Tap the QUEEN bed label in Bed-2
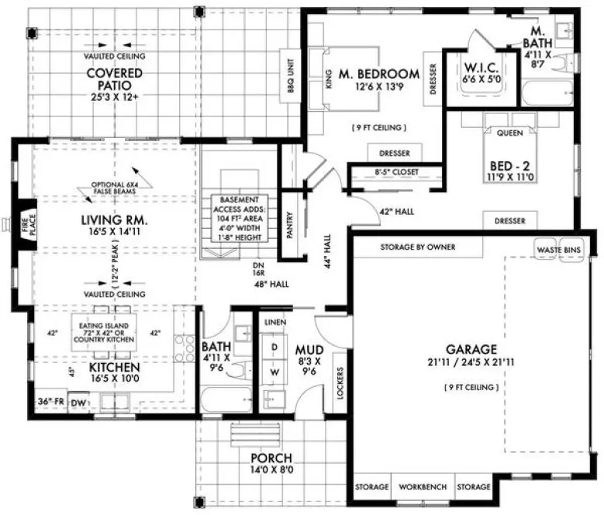point(509,132)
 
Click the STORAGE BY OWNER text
point(417,247)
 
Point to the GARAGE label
point(471,349)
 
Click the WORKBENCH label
point(423,487)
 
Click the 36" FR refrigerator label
point(50,402)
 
